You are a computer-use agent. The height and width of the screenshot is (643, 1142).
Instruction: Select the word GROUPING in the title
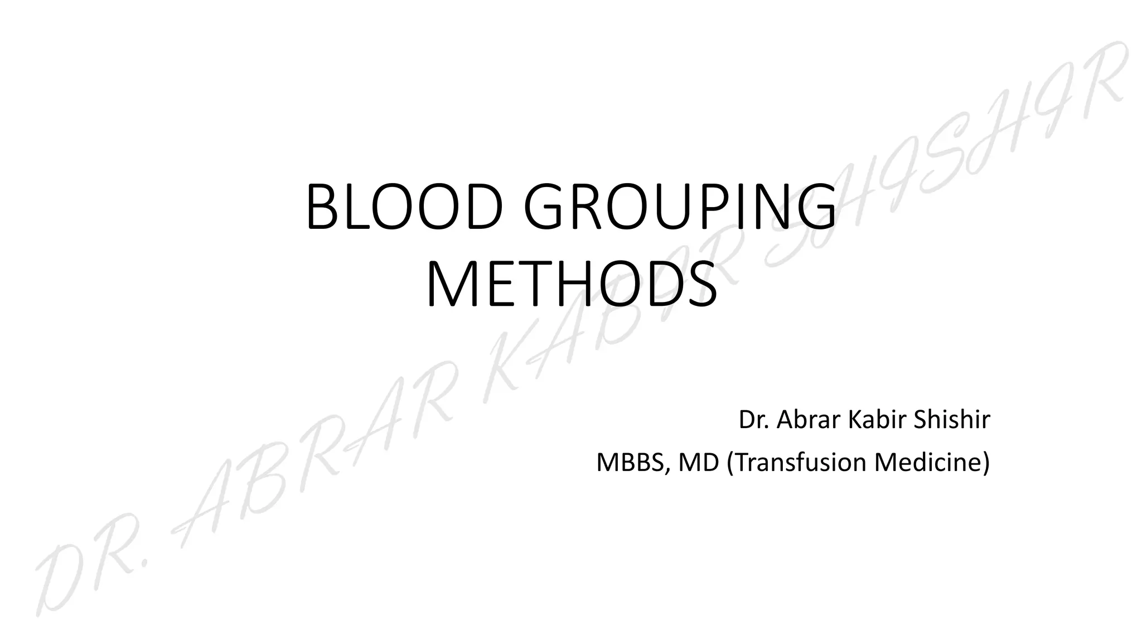click(x=680, y=207)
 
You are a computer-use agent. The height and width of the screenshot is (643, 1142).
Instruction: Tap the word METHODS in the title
click(x=572, y=286)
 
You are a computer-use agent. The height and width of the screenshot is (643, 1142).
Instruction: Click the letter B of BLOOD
click(x=322, y=207)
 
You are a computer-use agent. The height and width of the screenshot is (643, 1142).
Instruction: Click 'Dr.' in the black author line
click(x=753, y=420)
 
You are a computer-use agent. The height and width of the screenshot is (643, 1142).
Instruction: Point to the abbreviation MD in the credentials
click(x=699, y=463)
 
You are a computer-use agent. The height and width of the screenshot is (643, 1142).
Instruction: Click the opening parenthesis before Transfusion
click(x=730, y=463)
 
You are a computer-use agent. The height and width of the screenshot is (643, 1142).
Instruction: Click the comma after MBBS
click(x=667, y=472)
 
